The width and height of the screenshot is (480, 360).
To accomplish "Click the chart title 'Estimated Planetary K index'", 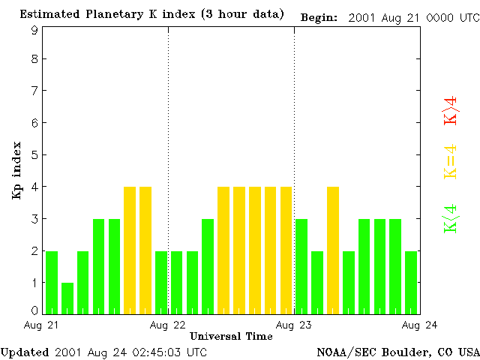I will pyautogui.click(x=109, y=15).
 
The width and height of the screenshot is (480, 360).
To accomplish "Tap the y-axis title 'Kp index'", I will pyautogui.click(x=16, y=170).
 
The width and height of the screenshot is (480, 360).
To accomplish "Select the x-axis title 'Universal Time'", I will pyautogui.click(x=231, y=336).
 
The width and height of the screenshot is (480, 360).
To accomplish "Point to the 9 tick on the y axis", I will pyautogui.click(x=34, y=30).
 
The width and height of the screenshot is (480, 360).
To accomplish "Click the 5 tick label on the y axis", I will pyautogui.click(x=34, y=155).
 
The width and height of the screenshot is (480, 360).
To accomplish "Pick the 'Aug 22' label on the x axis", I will pyautogui.click(x=168, y=325).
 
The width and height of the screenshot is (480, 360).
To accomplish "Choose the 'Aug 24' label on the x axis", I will pyautogui.click(x=420, y=325).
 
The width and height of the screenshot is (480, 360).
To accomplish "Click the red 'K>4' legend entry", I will pyautogui.click(x=450, y=111).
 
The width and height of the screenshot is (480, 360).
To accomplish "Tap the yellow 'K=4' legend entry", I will pyautogui.click(x=450, y=162).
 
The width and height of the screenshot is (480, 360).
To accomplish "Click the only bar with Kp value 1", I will pyautogui.click(x=67, y=298).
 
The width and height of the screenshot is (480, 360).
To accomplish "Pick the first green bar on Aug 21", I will pyautogui.click(x=52, y=282).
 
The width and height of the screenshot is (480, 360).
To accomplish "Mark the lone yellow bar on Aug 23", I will pyautogui.click(x=333, y=250).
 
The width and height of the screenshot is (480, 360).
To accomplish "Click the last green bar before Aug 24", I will pyautogui.click(x=411, y=282).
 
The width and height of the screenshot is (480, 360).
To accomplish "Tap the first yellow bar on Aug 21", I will pyautogui.click(x=130, y=250).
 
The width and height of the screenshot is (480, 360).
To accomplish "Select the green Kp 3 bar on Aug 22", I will pyautogui.click(x=208, y=266).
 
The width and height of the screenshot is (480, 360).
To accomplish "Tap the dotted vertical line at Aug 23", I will pyautogui.click(x=294, y=150).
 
